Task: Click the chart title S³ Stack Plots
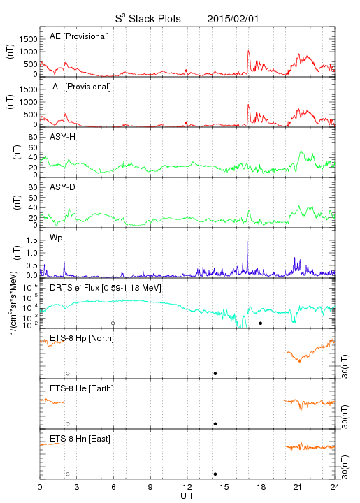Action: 147,18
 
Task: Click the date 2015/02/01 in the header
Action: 233,19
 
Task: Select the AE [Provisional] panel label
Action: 79,36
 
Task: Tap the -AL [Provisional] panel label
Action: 80,87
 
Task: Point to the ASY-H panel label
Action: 62,137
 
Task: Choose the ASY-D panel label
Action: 62,187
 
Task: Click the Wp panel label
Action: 56,238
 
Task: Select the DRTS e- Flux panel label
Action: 106,288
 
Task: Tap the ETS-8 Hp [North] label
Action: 82,338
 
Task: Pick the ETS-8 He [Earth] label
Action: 82,388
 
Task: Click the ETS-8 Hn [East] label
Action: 80,439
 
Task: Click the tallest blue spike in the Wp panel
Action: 247,254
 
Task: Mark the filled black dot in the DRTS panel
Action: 261,323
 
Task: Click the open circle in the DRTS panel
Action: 113,323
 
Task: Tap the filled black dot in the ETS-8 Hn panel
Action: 215,474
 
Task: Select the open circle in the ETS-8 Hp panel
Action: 68,373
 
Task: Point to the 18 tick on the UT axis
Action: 261,487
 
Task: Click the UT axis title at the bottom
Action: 187,496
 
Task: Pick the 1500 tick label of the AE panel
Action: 28,39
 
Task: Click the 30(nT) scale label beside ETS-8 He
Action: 345,416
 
